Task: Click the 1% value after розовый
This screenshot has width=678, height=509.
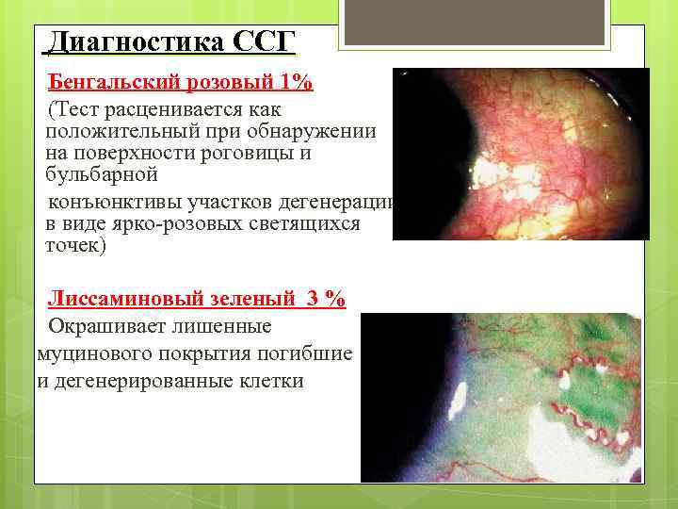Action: pyautogui.click(x=296, y=82)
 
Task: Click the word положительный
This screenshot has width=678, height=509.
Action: pyautogui.click(x=121, y=130)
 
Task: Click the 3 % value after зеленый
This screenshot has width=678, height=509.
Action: pyautogui.click(x=325, y=300)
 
